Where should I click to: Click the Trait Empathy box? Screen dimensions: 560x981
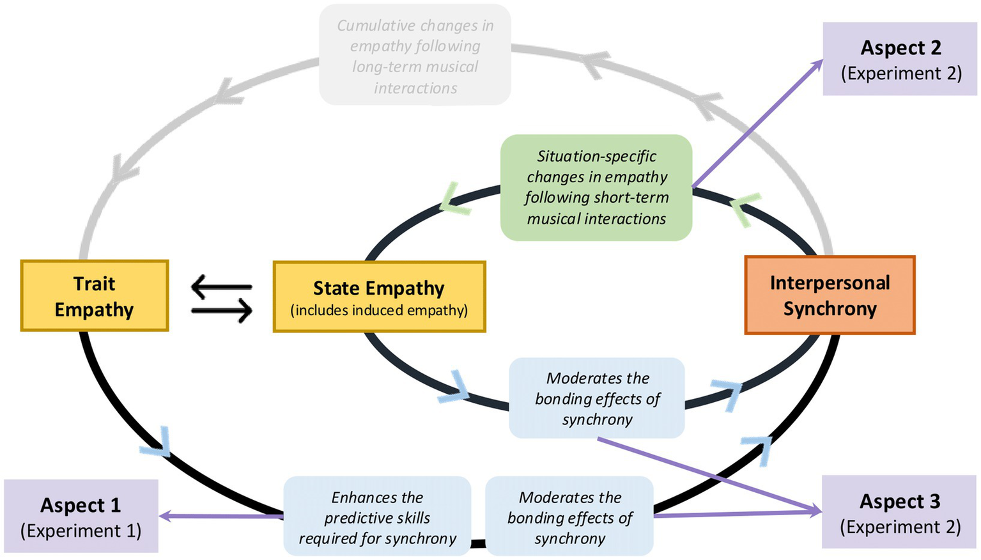[x=95, y=296]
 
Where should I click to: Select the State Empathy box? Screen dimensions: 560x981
[x=379, y=297]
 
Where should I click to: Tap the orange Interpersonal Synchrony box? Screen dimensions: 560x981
[x=830, y=295]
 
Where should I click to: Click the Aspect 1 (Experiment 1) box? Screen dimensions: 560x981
[x=81, y=517]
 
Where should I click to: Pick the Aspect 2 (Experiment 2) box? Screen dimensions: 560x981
[x=900, y=59]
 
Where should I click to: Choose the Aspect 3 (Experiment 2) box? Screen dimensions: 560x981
[x=899, y=513]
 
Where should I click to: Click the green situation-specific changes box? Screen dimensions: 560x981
[x=596, y=187]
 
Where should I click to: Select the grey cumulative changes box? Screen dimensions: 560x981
[x=415, y=56]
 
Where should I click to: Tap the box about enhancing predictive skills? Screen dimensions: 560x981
[x=377, y=517]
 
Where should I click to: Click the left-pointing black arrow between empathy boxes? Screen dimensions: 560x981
[x=221, y=286]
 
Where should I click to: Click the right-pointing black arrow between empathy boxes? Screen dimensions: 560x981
[x=221, y=311]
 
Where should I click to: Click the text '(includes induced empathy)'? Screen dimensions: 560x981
[x=379, y=311]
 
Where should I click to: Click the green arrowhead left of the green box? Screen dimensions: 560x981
[x=454, y=199]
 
